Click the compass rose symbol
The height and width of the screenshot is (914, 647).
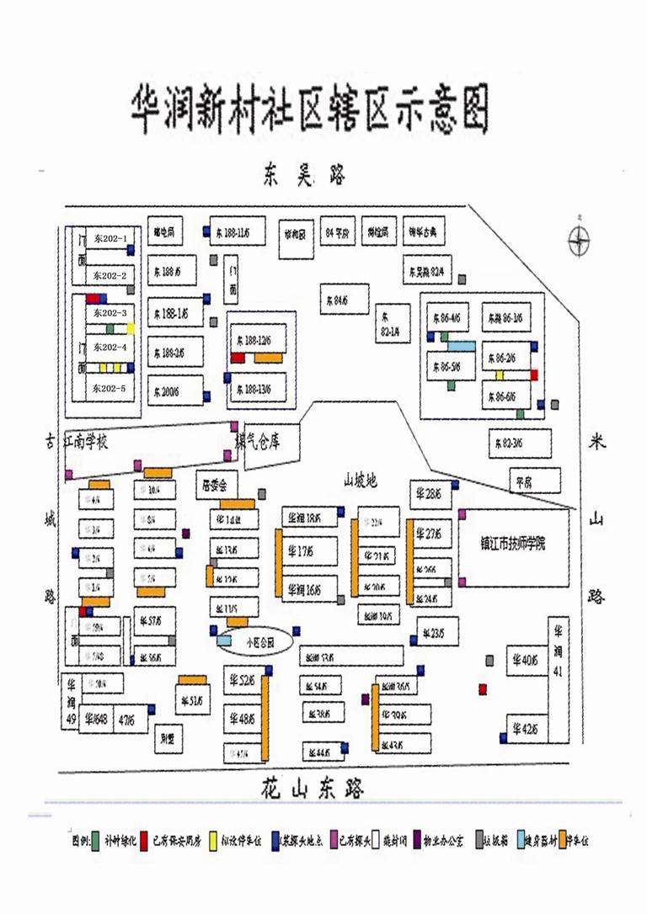[x=579, y=241]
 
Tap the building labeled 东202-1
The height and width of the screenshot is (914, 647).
[x=110, y=238]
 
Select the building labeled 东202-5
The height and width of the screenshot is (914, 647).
[x=110, y=388]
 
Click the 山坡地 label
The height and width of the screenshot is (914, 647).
[x=360, y=481]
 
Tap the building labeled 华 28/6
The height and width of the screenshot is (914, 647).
[x=430, y=494]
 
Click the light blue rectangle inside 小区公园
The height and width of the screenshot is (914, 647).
[x=224, y=640]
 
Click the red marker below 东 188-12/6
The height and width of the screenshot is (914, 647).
[x=238, y=358]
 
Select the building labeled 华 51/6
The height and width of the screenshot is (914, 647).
[x=193, y=700]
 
